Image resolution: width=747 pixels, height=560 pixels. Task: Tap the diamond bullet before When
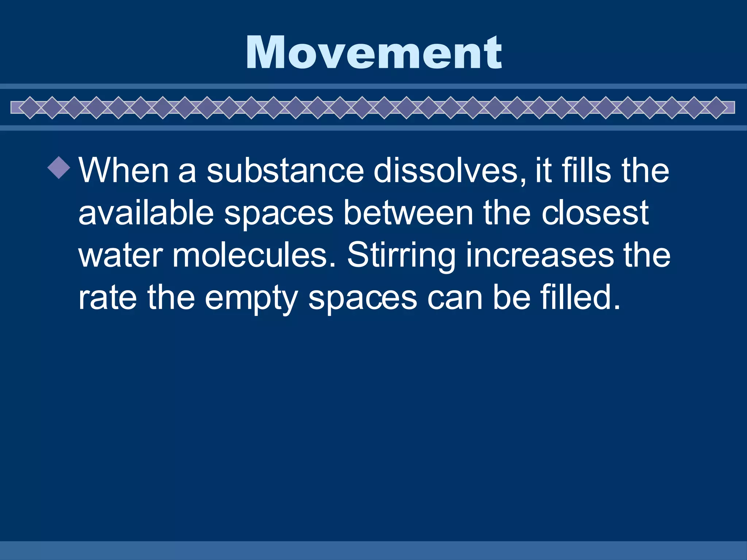point(59,167)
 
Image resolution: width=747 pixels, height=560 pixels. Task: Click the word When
point(124,170)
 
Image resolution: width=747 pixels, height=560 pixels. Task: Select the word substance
point(285,170)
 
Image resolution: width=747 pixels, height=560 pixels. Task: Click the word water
point(121,255)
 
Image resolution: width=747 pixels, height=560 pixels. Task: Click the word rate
point(108,297)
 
